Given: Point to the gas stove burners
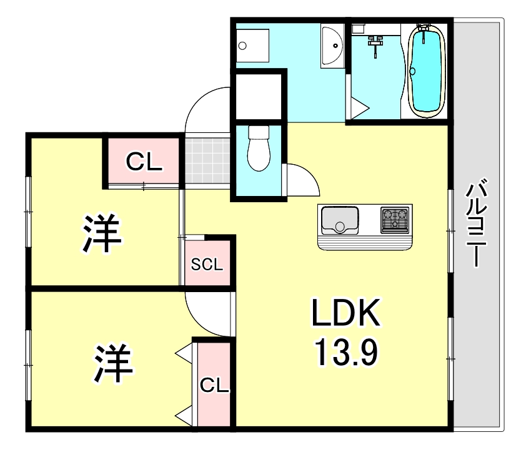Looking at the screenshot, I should (x=395, y=220).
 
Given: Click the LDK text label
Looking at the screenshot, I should (x=346, y=314).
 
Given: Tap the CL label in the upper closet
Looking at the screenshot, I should (x=144, y=163).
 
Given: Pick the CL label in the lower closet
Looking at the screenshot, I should (x=214, y=385).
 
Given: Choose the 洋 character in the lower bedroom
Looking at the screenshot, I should (x=114, y=364).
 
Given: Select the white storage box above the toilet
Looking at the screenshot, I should (x=257, y=96).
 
